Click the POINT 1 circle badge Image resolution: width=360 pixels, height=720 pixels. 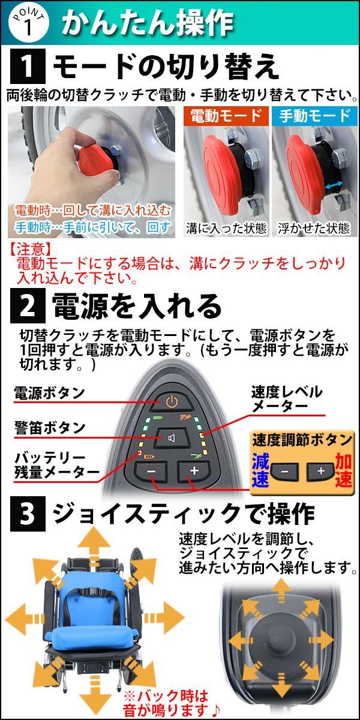(28, 23)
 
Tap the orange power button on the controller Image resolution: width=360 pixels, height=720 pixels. (172, 402)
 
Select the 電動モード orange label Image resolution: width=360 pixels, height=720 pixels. (226, 116)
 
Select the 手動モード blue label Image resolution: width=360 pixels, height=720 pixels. (314, 116)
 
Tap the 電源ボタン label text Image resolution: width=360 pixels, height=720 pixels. (49, 392)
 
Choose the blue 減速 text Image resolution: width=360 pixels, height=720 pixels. (260, 470)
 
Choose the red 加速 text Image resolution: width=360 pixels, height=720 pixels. (344, 470)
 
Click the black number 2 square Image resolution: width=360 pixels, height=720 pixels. (28, 305)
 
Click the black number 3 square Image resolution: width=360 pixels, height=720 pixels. (28, 514)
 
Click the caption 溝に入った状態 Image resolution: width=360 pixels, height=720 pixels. (226, 229)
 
